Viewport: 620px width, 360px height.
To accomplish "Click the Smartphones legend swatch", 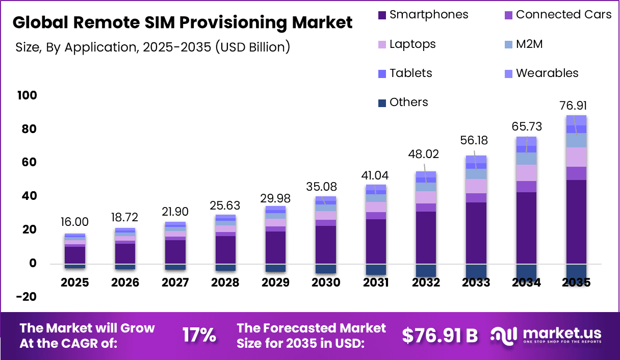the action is [382, 15].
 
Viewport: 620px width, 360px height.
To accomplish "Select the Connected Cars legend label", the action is [563, 14].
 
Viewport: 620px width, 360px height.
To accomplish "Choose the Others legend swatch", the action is [382, 103].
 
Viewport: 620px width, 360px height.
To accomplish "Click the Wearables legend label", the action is [547, 73].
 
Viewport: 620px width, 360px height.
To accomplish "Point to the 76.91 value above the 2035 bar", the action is [573, 106].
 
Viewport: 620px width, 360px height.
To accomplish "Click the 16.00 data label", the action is [74, 222].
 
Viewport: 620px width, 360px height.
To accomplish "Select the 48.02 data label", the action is [424, 154].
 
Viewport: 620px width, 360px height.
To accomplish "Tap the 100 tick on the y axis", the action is [27, 95].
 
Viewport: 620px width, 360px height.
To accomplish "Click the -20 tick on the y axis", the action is [27, 297].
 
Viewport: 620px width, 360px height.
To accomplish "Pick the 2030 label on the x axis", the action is [326, 282].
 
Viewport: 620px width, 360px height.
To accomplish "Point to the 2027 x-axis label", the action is [175, 282].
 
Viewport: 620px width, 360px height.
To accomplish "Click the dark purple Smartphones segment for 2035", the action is [576, 222].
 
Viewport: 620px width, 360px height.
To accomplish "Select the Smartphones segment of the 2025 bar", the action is [75, 255].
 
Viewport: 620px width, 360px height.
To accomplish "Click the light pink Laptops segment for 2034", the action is [527, 173].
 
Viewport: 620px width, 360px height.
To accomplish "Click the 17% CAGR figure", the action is [199, 336].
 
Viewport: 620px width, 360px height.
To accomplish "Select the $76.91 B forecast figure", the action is [440, 336].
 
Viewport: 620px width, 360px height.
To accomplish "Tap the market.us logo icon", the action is [503, 336].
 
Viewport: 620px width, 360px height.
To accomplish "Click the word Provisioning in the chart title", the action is [233, 22].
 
